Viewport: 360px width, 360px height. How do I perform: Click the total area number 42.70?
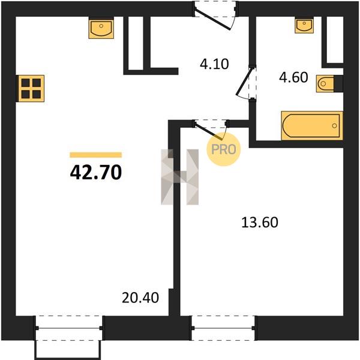[x=96, y=173]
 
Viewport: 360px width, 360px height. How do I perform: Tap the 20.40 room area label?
[x=140, y=298]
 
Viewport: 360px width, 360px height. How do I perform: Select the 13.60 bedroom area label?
[x=260, y=222]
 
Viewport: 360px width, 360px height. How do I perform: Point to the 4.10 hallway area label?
[x=214, y=64]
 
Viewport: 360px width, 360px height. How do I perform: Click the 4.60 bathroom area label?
[x=293, y=77]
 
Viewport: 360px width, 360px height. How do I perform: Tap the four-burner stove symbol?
[x=31, y=88]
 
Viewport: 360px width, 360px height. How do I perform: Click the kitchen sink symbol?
[x=101, y=29]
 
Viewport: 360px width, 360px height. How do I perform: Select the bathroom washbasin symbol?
[x=304, y=26]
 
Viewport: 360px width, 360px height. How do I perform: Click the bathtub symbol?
[x=312, y=125]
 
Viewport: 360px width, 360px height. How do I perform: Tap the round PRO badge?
[x=223, y=149]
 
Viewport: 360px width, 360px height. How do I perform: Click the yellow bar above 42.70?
[x=96, y=155]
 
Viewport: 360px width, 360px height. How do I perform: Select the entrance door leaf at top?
[x=212, y=19]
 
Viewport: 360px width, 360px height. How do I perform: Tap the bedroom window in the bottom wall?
[x=223, y=328]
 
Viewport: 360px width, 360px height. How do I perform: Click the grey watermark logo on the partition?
[x=180, y=177]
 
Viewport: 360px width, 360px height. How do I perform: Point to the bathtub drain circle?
[x=335, y=125]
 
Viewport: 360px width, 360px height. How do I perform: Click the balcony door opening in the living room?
[x=68, y=328]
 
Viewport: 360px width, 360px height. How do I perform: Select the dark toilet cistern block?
[x=338, y=83]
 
